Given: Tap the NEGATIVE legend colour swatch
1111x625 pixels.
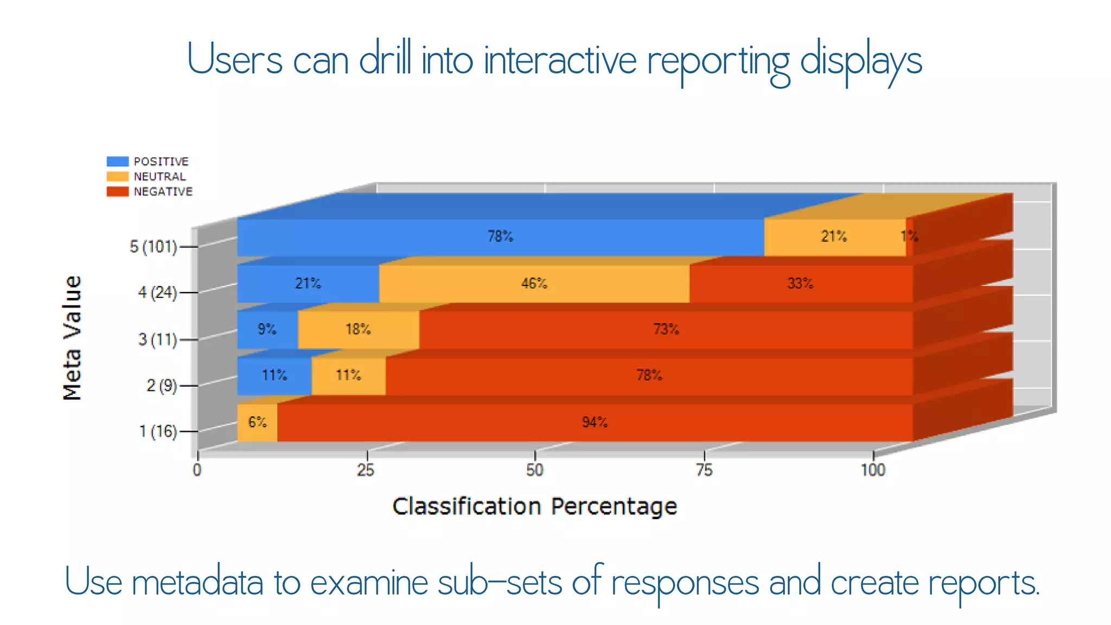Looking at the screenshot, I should [117, 192].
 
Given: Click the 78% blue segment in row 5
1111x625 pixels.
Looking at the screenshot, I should [500, 237].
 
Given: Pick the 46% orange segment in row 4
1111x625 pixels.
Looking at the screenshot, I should [534, 284].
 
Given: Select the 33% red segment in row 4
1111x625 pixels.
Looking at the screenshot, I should [800, 284].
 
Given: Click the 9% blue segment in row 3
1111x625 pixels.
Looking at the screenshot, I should [267, 330].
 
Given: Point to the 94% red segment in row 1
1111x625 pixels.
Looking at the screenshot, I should [595, 423].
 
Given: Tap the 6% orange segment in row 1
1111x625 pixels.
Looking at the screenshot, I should [257, 423].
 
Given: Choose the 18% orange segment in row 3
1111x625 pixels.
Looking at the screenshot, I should [358, 330].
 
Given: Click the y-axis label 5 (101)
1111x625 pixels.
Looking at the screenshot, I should [154, 247].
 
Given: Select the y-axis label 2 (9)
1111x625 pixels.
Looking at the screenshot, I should [162, 386].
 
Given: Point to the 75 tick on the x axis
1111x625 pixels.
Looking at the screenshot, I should [704, 470].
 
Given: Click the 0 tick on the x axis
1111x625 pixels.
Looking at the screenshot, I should [197, 470].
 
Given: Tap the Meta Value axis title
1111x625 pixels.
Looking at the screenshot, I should [72, 338].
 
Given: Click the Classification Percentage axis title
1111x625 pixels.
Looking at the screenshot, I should [534, 506].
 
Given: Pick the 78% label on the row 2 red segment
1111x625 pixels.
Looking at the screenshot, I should [649, 375].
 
